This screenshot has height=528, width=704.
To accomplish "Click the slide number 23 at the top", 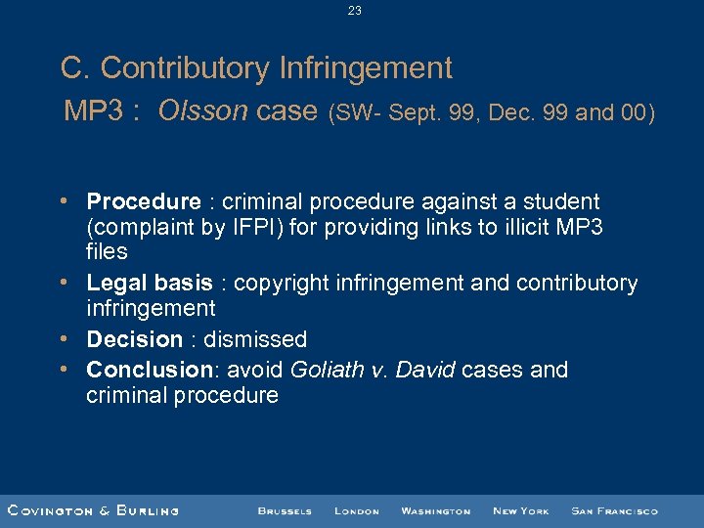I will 354,11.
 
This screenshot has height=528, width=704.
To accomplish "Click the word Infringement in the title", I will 366,68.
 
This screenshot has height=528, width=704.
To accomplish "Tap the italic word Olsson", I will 203,111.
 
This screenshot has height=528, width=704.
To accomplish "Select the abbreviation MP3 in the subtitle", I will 93,111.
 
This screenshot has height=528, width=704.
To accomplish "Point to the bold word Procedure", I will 143,202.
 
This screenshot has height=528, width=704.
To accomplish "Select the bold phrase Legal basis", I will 149,284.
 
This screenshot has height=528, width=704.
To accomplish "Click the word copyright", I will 282,284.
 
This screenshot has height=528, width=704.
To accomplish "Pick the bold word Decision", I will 134,339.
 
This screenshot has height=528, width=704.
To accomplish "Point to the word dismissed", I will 255,339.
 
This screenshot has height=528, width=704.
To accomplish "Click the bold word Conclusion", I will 146,370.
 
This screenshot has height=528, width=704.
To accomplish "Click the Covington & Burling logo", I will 93,510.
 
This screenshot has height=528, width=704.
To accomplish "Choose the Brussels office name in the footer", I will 285,511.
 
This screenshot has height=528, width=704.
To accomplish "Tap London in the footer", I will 356,511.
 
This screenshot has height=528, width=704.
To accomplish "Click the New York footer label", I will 520,511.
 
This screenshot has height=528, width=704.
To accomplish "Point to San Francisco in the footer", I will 614,511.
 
